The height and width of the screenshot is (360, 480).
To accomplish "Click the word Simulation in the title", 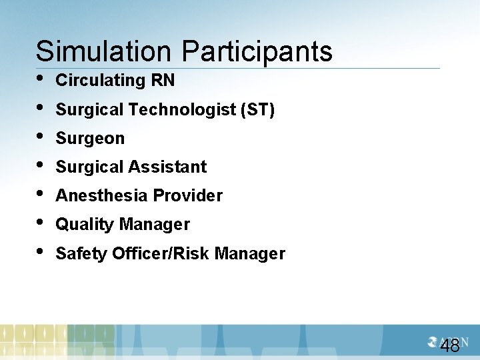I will point(105,51).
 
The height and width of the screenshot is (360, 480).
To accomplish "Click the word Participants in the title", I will point(257,51).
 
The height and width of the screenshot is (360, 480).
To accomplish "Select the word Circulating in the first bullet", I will point(101,81).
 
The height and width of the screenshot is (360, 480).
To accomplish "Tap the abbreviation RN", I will point(163,81).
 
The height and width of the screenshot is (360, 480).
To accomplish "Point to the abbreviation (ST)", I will point(258,109).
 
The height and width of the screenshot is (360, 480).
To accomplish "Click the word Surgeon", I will point(90,139).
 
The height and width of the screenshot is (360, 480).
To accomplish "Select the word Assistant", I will point(171,167).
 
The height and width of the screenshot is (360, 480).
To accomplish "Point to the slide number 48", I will point(450,345).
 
